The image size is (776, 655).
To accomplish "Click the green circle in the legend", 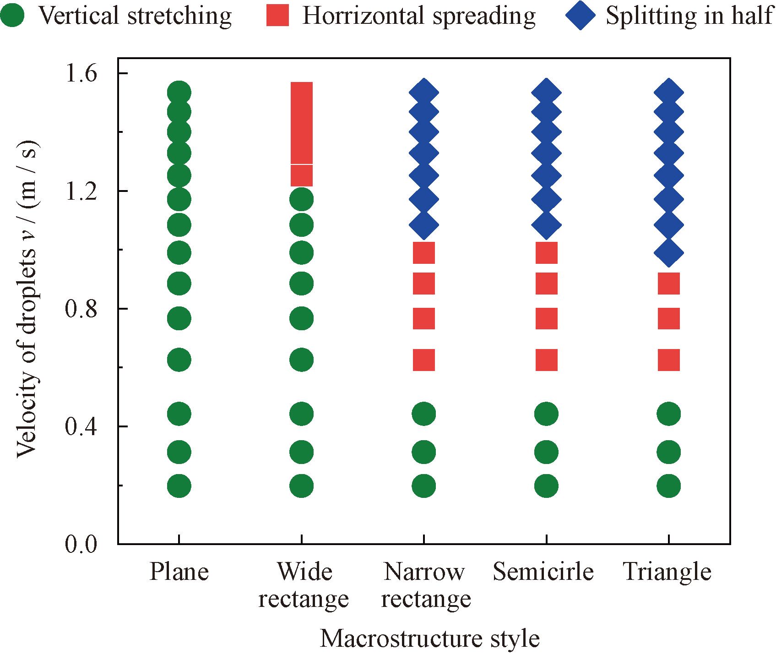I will (x=12, y=16).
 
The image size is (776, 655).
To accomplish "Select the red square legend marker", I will (x=277, y=16).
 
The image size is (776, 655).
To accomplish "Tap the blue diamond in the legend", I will (x=580, y=16).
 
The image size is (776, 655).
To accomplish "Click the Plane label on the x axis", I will (x=179, y=572).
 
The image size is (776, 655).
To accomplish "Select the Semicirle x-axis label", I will (x=543, y=572).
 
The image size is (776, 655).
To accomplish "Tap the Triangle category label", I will (x=667, y=572).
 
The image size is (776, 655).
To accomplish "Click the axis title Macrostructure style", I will (x=429, y=639).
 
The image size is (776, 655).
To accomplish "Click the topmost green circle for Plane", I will (x=179, y=93).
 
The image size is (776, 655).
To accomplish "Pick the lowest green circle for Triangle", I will (x=669, y=486).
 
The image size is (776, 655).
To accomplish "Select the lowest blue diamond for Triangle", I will (x=669, y=252).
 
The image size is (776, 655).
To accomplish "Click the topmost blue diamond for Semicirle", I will (x=546, y=93).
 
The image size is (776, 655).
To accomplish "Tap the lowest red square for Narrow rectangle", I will (x=424, y=360).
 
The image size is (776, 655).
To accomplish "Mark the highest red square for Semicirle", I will (x=546, y=253).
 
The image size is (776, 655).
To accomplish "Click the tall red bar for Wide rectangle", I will (x=302, y=134).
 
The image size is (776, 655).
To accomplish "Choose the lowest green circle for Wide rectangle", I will (x=302, y=486).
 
